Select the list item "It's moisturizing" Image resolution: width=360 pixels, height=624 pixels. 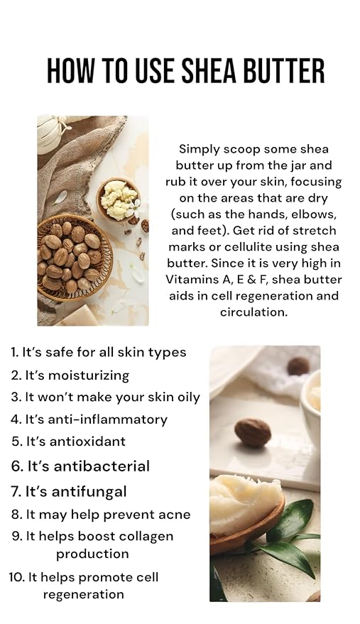pos(70,376)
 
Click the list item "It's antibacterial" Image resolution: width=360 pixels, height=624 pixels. pos(80,466)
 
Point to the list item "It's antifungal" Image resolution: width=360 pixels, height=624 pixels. pos(69,492)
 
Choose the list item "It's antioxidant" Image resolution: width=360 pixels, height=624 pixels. pos(68,442)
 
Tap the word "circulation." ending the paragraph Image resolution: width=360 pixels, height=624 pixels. pos(253,312)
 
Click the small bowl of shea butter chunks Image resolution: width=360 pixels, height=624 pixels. pos(118,199)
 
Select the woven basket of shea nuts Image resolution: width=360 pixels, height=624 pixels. pos(73,258)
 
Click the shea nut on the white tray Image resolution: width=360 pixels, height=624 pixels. pos(253,432)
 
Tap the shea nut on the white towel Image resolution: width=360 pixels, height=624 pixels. pos(298,366)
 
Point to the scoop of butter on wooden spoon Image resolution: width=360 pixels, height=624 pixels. pos(245,503)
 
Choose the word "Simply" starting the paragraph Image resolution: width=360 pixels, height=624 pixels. pos(198,150)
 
